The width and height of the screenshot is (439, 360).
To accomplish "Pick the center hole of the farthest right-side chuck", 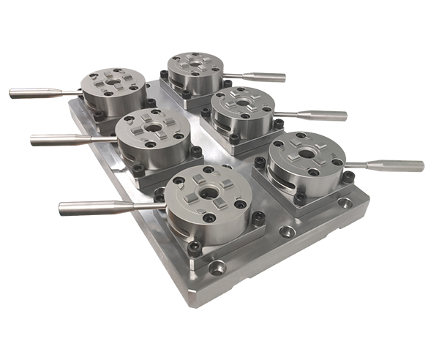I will coord(193,65).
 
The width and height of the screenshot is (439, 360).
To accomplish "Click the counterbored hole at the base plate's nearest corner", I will coord(217,268).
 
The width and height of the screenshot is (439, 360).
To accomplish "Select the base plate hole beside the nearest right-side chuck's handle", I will coord(343,204).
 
